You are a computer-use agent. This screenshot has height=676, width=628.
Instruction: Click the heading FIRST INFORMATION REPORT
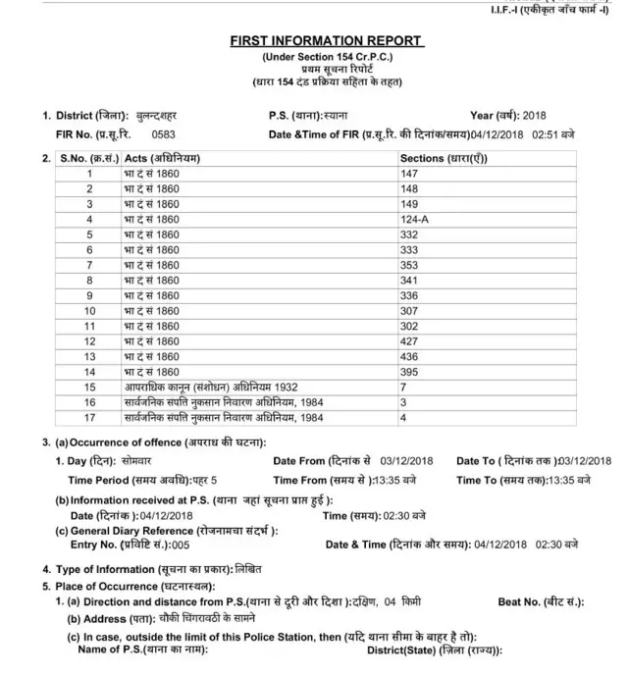pos(326,41)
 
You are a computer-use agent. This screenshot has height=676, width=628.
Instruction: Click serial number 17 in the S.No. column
pos(89,417)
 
